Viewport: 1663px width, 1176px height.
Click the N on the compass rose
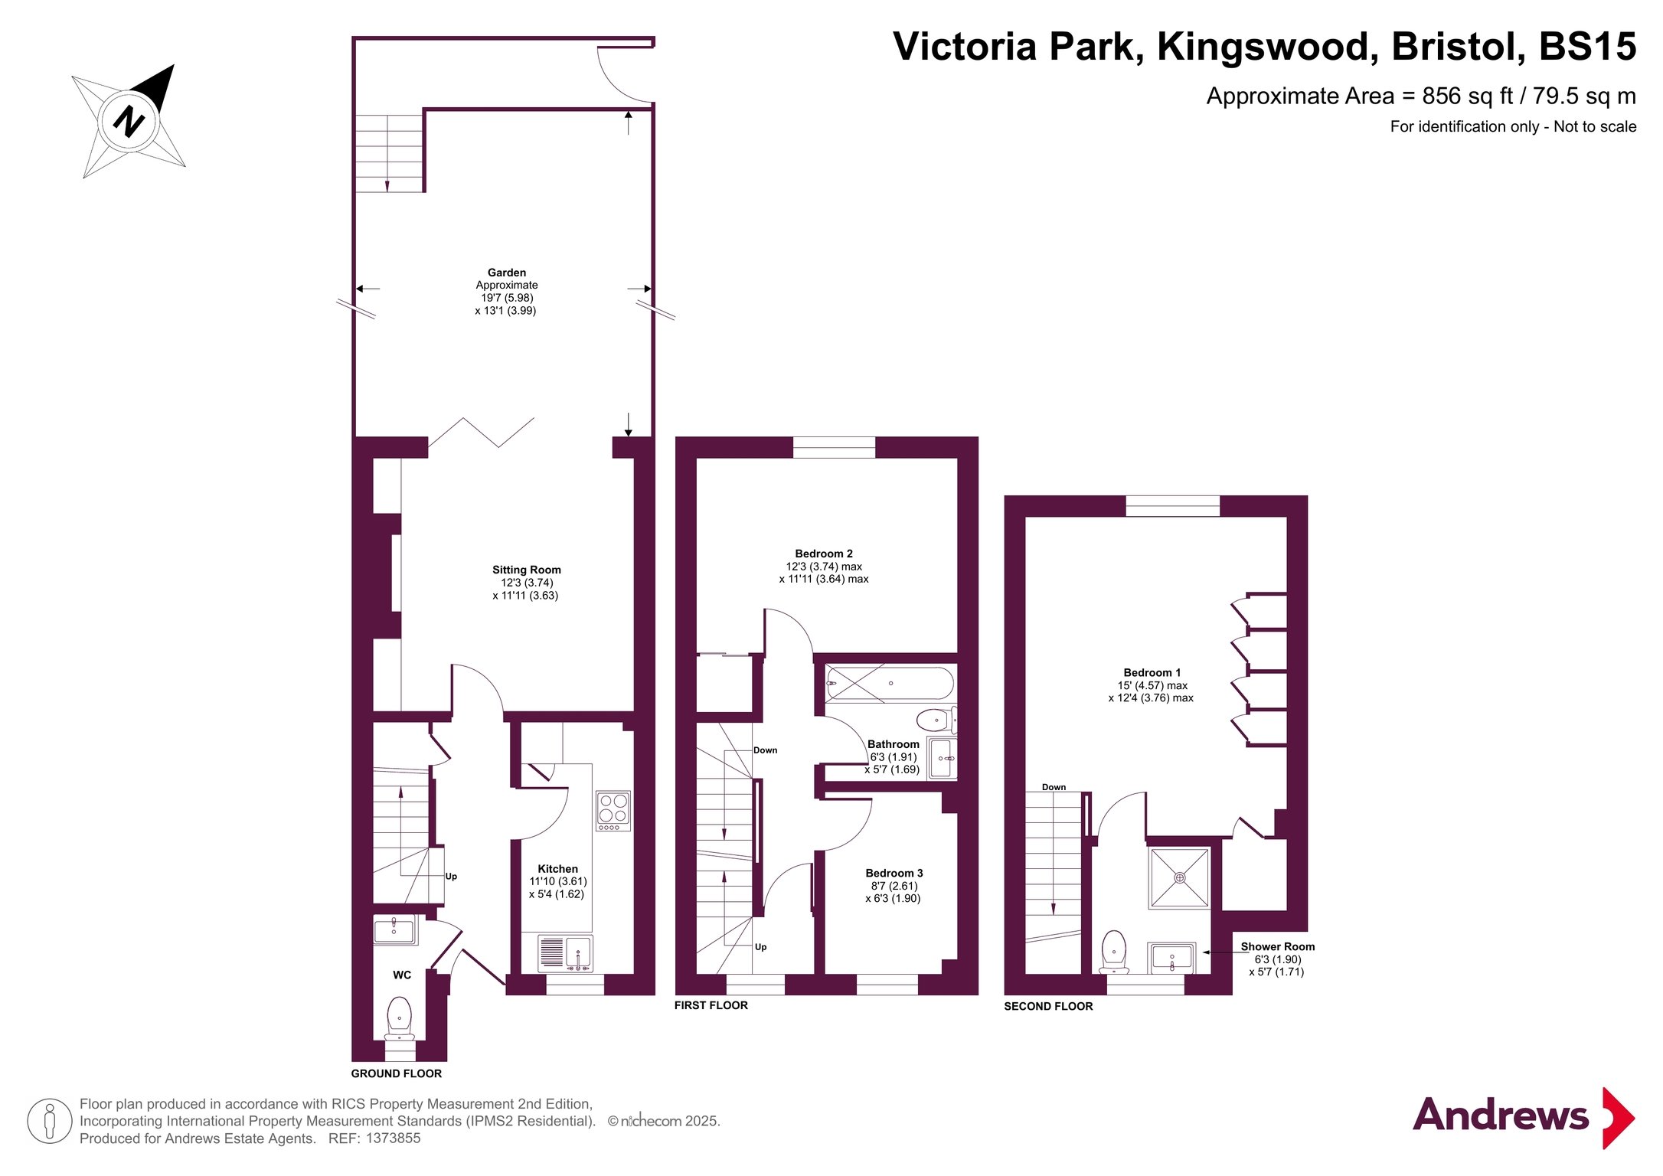[x=129, y=121]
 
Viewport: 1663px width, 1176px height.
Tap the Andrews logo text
[x=1501, y=1116]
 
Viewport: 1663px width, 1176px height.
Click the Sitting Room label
[x=527, y=570]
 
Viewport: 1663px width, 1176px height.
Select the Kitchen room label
[x=557, y=869]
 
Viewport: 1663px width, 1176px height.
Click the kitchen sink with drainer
[x=565, y=953]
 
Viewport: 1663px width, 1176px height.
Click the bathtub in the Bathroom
[x=890, y=683]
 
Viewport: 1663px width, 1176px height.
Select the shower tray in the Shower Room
[x=1180, y=877]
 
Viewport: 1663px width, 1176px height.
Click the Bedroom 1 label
[x=1152, y=673]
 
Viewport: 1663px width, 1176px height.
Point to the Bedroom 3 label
[x=894, y=874]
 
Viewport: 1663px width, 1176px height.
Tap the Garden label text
[x=507, y=273]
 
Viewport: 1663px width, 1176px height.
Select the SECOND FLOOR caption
[x=1048, y=1007]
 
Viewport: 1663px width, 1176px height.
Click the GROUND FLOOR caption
[x=397, y=1074]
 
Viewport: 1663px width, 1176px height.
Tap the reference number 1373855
[x=393, y=1138]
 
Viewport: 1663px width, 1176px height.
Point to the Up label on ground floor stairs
[x=451, y=877]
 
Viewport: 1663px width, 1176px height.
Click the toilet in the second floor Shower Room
[x=1114, y=952]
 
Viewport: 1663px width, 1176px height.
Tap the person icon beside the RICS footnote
[x=50, y=1121]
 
